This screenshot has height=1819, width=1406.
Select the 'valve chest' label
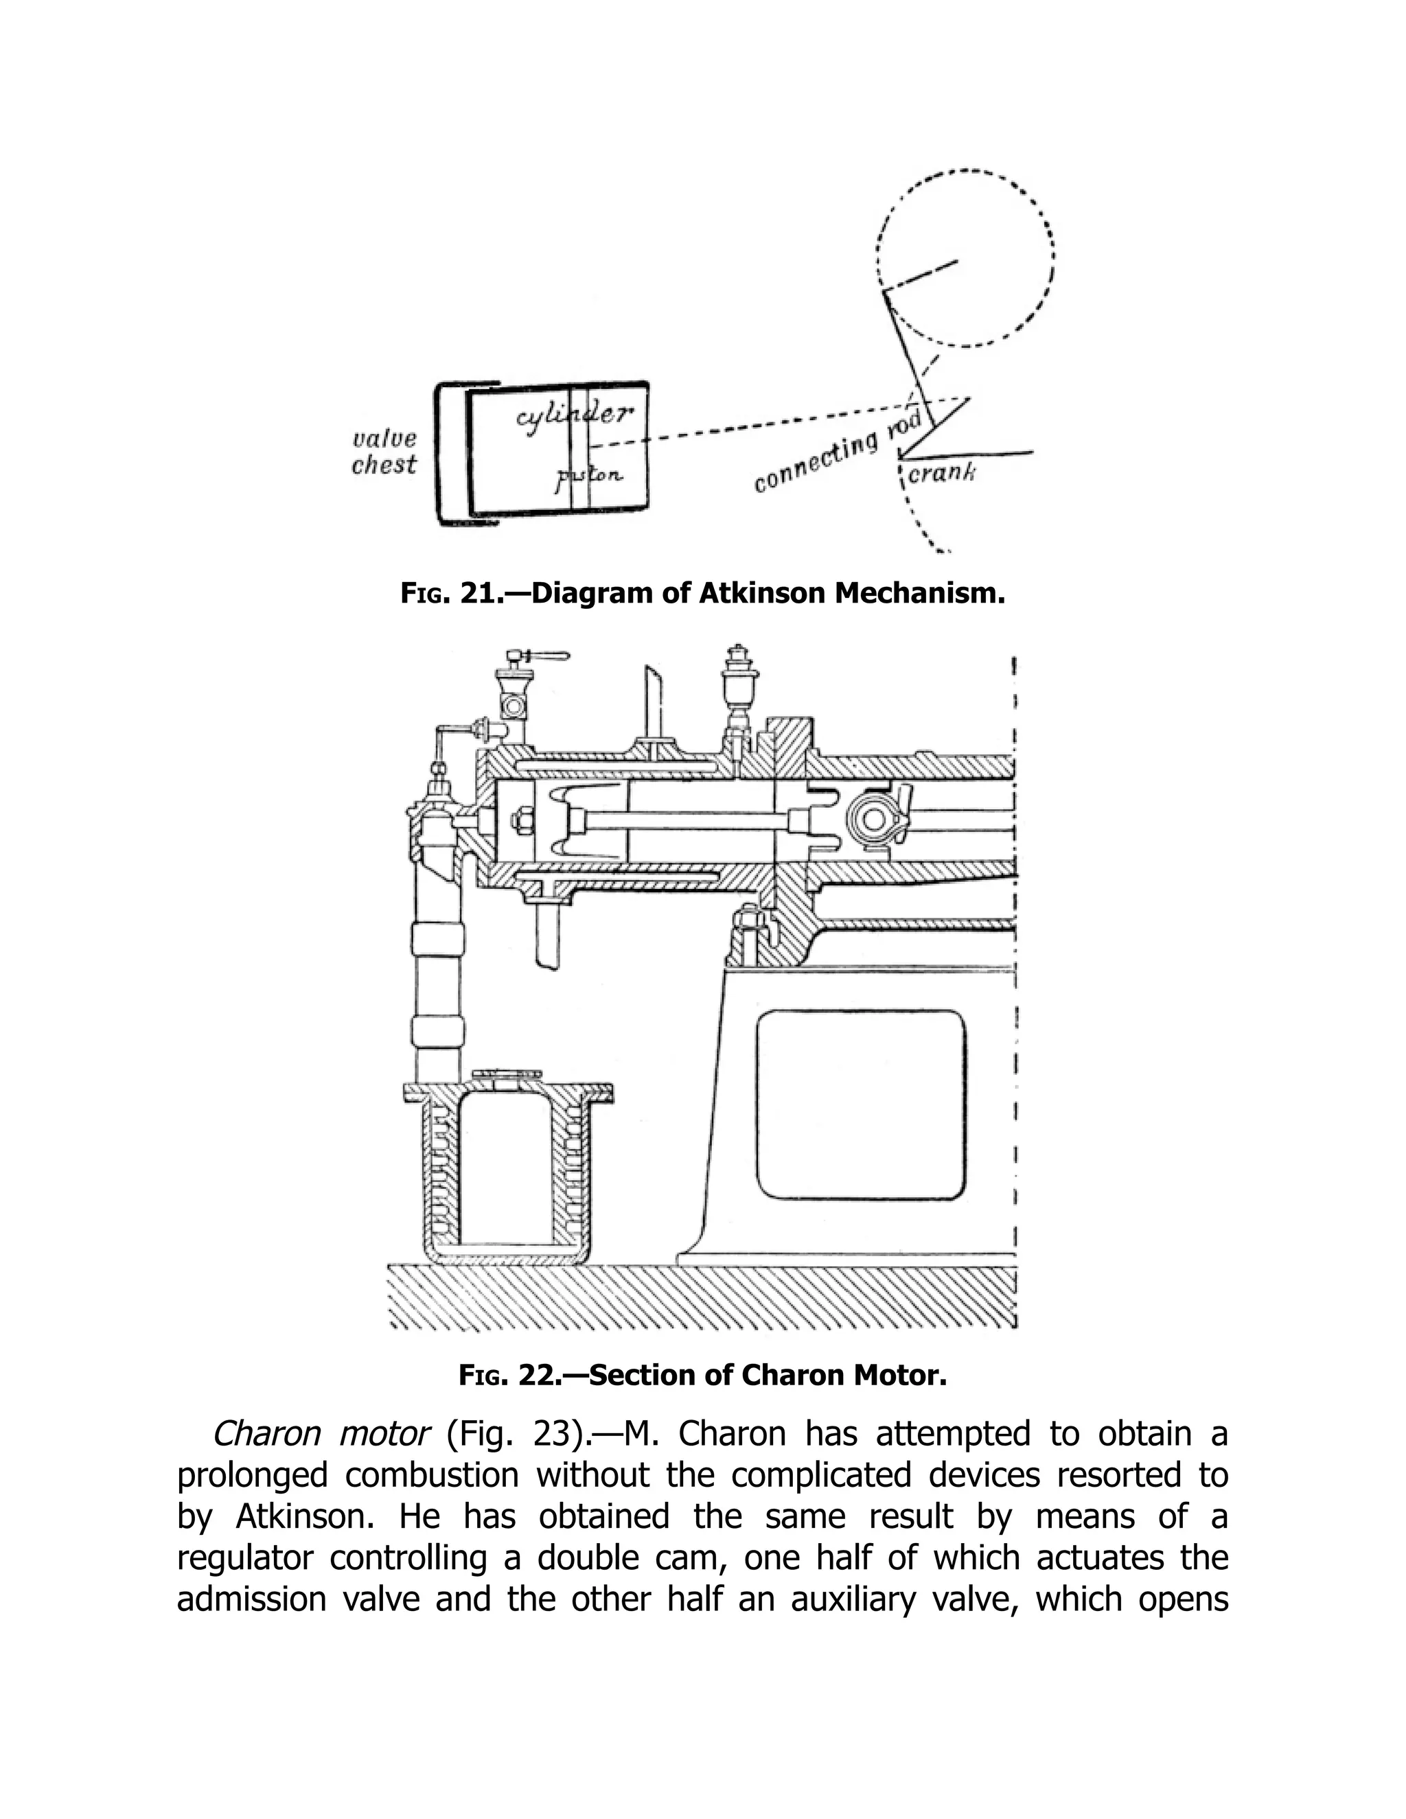click(383, 452)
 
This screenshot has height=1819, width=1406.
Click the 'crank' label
click(941, 474)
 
